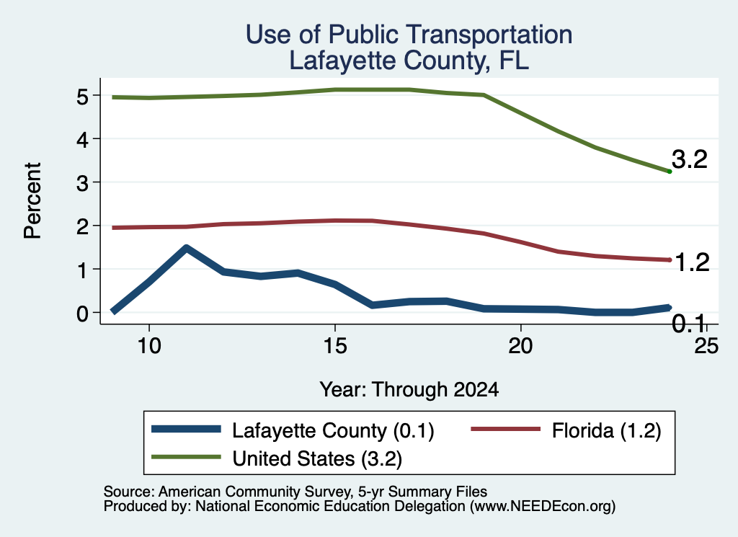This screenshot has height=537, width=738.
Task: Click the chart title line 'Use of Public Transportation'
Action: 409,35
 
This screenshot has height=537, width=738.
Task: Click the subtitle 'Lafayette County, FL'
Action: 409,61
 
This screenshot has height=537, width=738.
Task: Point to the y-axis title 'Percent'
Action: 32,201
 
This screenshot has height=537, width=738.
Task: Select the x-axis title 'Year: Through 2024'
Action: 409,390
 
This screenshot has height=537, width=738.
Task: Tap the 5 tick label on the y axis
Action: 82,97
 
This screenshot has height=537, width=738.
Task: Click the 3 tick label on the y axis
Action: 82,183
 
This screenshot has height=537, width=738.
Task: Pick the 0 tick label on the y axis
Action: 82,314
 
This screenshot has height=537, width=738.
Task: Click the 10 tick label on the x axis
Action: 149,346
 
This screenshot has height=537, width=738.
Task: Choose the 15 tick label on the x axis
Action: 335,346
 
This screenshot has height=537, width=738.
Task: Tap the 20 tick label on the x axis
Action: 520,346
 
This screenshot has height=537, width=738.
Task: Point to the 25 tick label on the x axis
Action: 706,346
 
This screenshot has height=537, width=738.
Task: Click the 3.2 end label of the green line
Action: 690,159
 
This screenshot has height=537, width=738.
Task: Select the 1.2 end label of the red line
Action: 692,262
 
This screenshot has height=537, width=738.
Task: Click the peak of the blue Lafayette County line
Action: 187,248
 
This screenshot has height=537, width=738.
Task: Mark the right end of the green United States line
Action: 670,172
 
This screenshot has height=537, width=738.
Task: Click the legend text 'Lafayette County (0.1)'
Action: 333,430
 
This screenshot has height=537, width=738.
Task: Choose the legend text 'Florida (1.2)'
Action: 607,430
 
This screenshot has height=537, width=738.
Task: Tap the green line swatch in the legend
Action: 186,457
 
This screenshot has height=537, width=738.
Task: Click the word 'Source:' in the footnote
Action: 129,492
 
